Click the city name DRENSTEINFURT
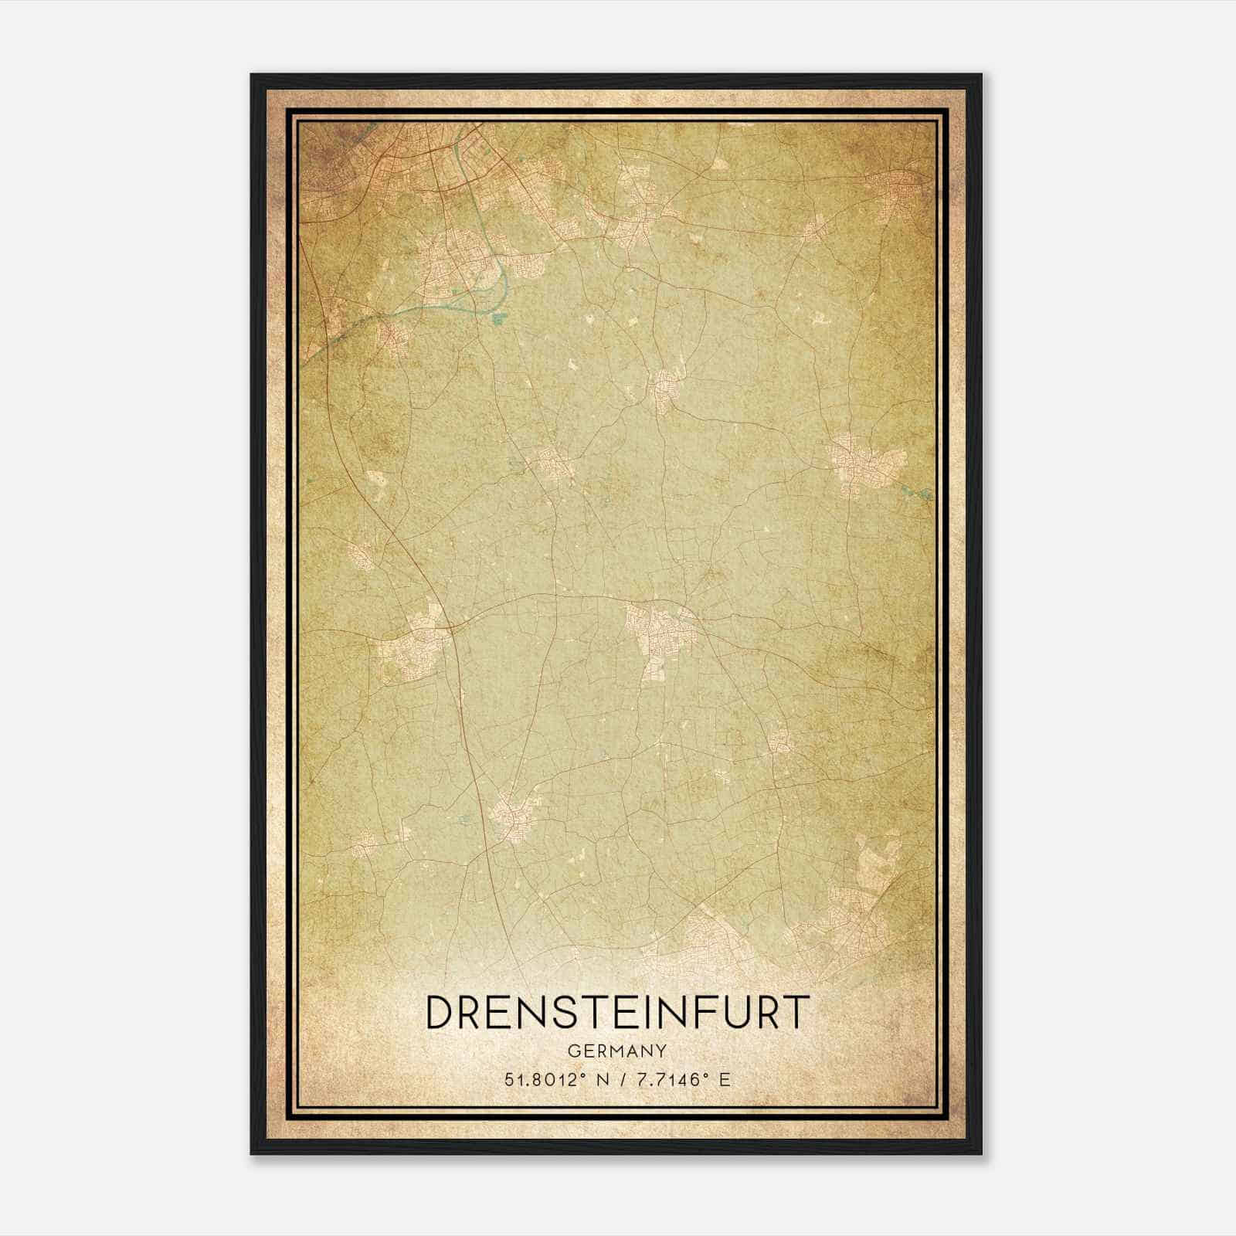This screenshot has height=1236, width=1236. coord(617,1013)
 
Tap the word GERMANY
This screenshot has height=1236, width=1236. coord(617,1051)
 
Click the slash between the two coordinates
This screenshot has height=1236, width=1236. coord(624,1080)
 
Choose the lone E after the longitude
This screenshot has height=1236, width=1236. coord(725,1080)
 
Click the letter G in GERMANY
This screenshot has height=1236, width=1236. coord(573,1051)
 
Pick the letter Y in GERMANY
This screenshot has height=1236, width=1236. coord(662,1051)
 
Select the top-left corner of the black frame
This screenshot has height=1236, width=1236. coord(253,76)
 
